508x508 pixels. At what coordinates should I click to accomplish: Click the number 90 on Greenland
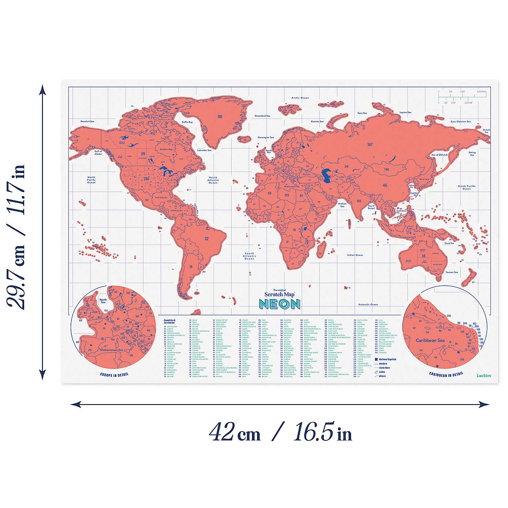pyautogui.click(x=220, y=117)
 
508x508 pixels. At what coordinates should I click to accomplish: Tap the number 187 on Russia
pyautogui.click(x=370, y=144)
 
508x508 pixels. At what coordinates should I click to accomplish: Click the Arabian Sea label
pyautogui.click(x=342, y=205)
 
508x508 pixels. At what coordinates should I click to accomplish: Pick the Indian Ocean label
pyautogui.click(x=355, y=255)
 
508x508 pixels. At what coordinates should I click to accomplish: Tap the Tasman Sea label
pyautogui.click(x=451, y=272)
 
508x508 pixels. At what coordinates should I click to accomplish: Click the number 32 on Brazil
pyautogui.click(x=207, y=239)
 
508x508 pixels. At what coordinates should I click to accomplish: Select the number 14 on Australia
pyautogui.click(x=424, y=256)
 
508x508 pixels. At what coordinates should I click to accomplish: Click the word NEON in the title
pyautogui.click(x=280, y=304)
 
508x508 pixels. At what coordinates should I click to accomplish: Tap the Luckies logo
pyautogui.click(x=484, y=375)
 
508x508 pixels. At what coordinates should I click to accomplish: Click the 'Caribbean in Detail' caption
pyautogui.click(x=446, y=374)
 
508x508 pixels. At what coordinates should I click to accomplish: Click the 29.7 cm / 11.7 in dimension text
pyautogui.click(x=16, y=236)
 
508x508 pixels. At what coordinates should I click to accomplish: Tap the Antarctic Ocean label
pyautogui.click(x=368, y=304)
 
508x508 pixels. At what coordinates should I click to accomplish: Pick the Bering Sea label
pyautogui.click(x=472, y=154)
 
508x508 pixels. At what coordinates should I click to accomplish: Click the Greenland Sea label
pyautogui.click(x=262, y=116)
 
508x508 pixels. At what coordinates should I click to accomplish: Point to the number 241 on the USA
pyautogui.click(x=147, y=179)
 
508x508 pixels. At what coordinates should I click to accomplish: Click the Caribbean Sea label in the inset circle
pyautogui.click(x=430, y=340)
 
